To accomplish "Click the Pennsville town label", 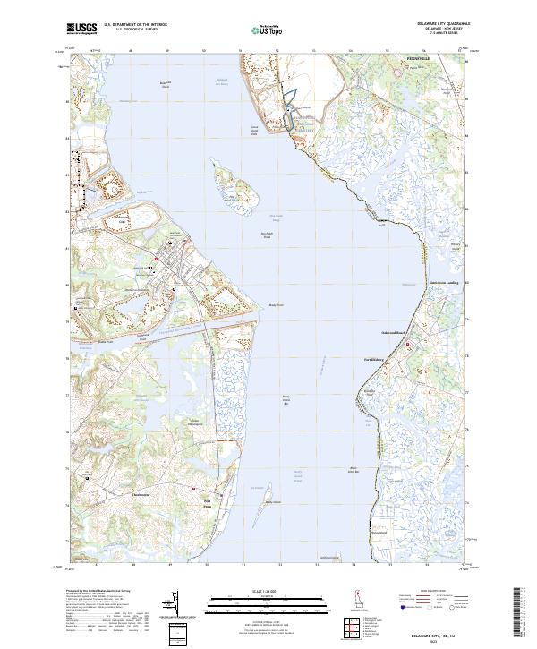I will (418, 58).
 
